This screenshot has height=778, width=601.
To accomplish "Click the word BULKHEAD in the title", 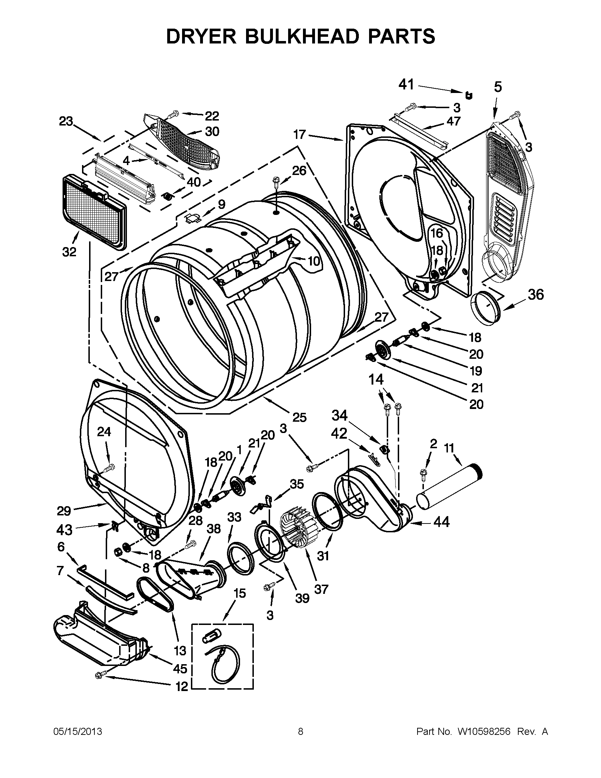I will click(301, 36).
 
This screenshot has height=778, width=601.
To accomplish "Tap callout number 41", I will click(406, 85).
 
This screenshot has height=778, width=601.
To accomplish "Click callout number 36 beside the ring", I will click(536, 294).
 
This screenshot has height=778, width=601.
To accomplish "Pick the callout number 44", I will click(442, 522).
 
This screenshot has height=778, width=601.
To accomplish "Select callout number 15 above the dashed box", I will click(240, 593).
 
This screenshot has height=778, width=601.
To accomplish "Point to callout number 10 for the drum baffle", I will click(313, 262).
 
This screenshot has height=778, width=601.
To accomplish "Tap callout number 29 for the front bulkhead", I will click(64, 511).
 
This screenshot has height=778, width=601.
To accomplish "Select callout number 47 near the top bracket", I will click(454, 122).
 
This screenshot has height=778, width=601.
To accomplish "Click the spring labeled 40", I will click(167, 195).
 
